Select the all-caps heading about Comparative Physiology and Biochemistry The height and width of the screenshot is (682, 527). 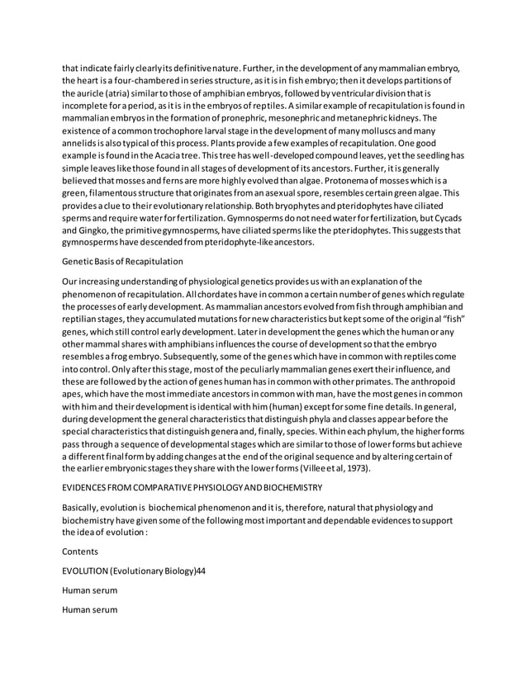click(x=192, y=490)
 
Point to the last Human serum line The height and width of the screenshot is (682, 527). click(x=89, y=610)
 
